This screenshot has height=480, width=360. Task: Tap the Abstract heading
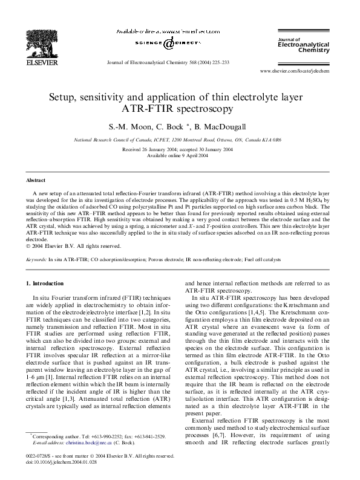(x=35, y=180)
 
